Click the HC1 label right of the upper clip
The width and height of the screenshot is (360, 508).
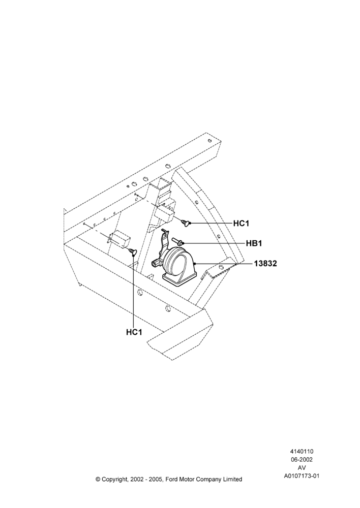click(x=242, y=223)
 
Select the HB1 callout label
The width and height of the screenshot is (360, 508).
click(x=254, y=243)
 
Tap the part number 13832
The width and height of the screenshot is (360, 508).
click(x=265, y=264)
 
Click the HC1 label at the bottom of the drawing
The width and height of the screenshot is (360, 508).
click(x=134, y=332)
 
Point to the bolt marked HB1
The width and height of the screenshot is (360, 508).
click(x=178, y=241)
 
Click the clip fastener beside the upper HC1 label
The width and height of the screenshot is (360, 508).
click(x=186, y=223)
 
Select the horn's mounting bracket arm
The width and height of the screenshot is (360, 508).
click(x=165, y=241)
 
